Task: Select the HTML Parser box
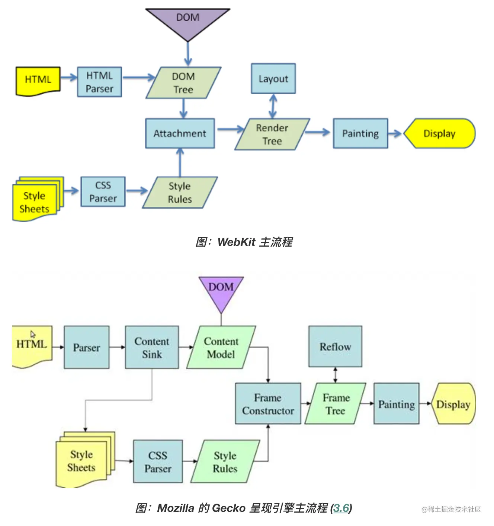99,82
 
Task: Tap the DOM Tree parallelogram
183,83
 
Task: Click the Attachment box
180,133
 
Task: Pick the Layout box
273,79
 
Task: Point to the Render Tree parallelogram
272,134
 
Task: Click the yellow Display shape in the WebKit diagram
439,133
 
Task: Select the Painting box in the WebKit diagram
360,133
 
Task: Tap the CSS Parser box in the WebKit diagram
103,192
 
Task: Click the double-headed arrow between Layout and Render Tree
273,106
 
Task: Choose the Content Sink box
152,348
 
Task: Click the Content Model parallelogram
221,348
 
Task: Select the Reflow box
335,346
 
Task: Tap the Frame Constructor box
268,404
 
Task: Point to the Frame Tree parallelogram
336,404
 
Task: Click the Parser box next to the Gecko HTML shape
87,348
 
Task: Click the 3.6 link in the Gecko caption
341,508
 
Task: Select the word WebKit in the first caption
236,242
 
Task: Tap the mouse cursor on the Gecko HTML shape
33,334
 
